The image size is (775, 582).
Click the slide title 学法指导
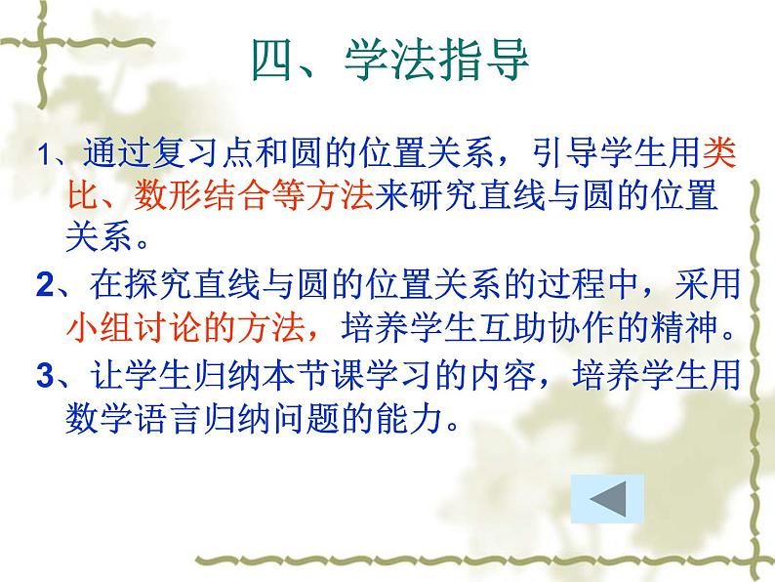[x=436, y=60]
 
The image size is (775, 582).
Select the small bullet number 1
[x=40, y=155]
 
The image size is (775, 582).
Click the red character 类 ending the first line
[x=717, y=153]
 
